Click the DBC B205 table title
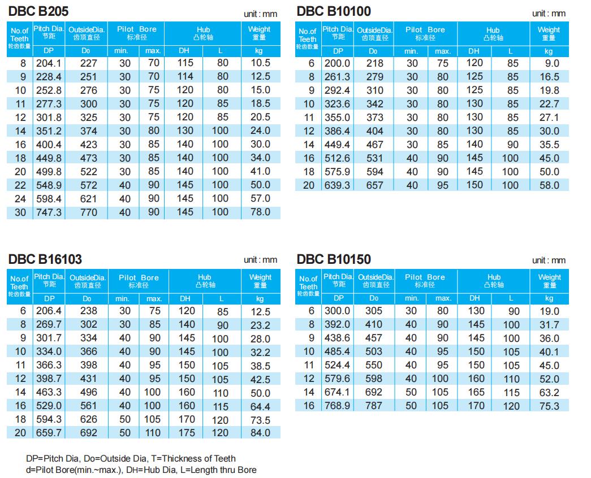(39, 11)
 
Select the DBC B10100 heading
(334, 11)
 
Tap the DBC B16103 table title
(45, 259)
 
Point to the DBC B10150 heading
(334, 259)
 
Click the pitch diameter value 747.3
(49, 212)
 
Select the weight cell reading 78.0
(260, 212)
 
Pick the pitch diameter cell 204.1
(49, 63)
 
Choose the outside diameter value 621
(89, 199)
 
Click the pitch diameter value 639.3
(337, 185)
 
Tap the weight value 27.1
(549, 118)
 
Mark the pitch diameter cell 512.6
(337, 158)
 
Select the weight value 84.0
(260, 433)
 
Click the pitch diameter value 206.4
(49, 311)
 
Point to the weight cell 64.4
(260, 406)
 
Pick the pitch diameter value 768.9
(338, 406)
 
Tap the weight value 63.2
(549, 392)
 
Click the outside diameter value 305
(374, 311)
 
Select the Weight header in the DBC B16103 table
(260, 281)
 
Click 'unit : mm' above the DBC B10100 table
(549, 13)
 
